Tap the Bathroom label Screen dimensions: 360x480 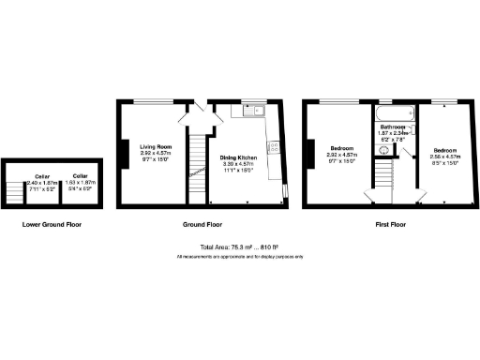[x=393, y=127]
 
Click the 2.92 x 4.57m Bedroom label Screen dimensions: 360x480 [x=341, y=150]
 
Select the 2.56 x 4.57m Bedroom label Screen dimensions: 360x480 [x=445, y=150]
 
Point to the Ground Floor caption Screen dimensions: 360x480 [x=202, y=225]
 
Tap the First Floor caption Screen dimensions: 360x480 [x=390, y=225]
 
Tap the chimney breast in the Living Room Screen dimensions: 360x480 [x=121, y=153]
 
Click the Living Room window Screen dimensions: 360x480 [x=148, y=101]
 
